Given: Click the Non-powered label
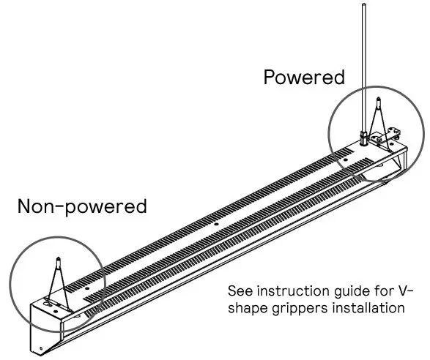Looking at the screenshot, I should point(82,206).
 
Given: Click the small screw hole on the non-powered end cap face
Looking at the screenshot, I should point(41,347).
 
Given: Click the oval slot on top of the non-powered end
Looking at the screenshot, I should point(51,299).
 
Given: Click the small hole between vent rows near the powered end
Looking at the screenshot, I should point(345,157).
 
